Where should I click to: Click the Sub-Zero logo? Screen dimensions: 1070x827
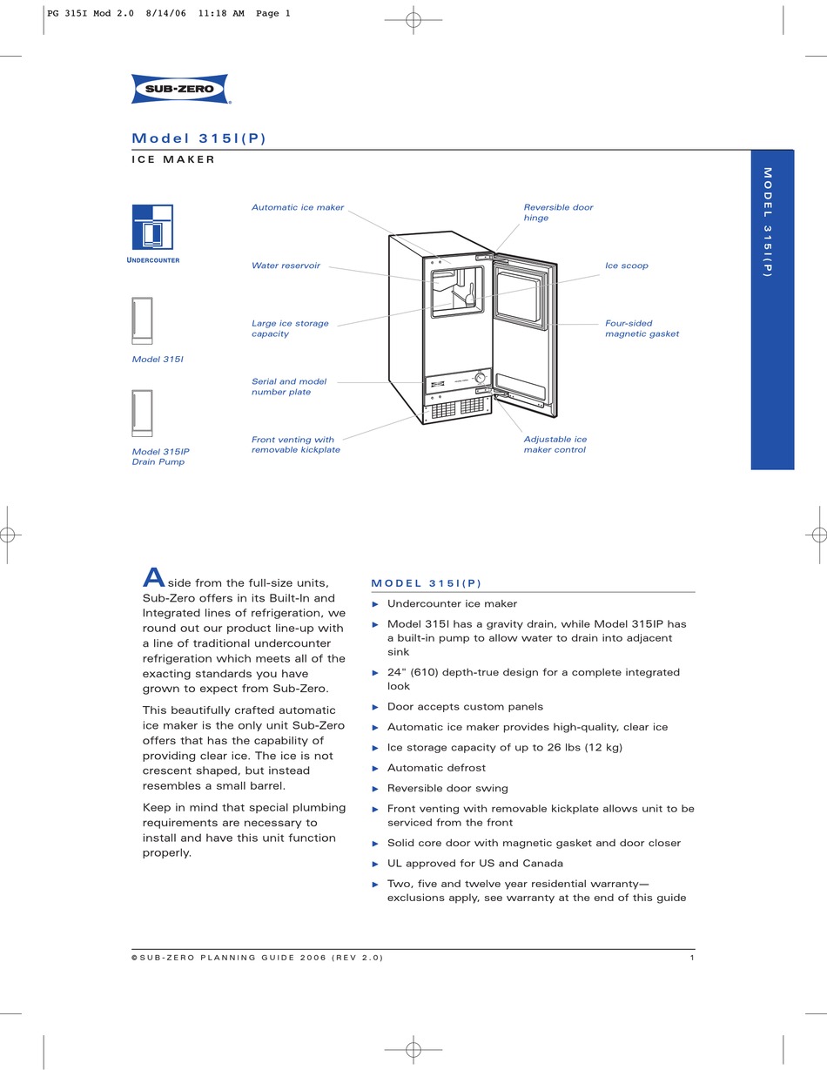pyautogui.click(x=179, y=89)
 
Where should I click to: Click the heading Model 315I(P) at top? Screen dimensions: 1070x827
pyautogui.click(x=198, y=138)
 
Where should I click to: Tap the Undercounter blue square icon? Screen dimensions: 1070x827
pyautogui.click(x=152, y=226)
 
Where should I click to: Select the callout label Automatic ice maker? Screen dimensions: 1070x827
pyautogui.click(x=298, y=208)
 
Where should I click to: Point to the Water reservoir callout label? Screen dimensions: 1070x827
pyautogui.click(x=286, y=266)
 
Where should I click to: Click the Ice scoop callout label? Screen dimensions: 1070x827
pyautogui.click(x=627, y=266)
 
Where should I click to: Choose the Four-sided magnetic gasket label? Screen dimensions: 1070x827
pyautogui.click(x=642, y=328)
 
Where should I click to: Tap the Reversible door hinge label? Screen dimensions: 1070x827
pyautogui.click(x=558, y=212)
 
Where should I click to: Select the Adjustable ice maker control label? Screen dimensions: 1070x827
pyautogui.click(x=555, y=444)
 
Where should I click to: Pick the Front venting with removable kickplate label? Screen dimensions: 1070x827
pyautogui.click(x=295, y=445)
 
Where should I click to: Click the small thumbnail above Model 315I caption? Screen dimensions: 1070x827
pyautogui.click(x=142, y=321)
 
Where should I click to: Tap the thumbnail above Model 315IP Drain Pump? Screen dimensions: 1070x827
pyautogui.click(x=142, y=414)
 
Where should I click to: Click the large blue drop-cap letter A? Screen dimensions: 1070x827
pyautogui.click(x=153, y=577)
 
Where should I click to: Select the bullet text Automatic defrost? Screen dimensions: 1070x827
pyautogui.click(x=436, y=768)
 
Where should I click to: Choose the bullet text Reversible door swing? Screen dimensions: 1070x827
pyautogui.click(x=447, y=788)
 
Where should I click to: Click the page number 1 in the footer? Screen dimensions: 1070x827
pyautogui.click(x=691, y=958)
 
